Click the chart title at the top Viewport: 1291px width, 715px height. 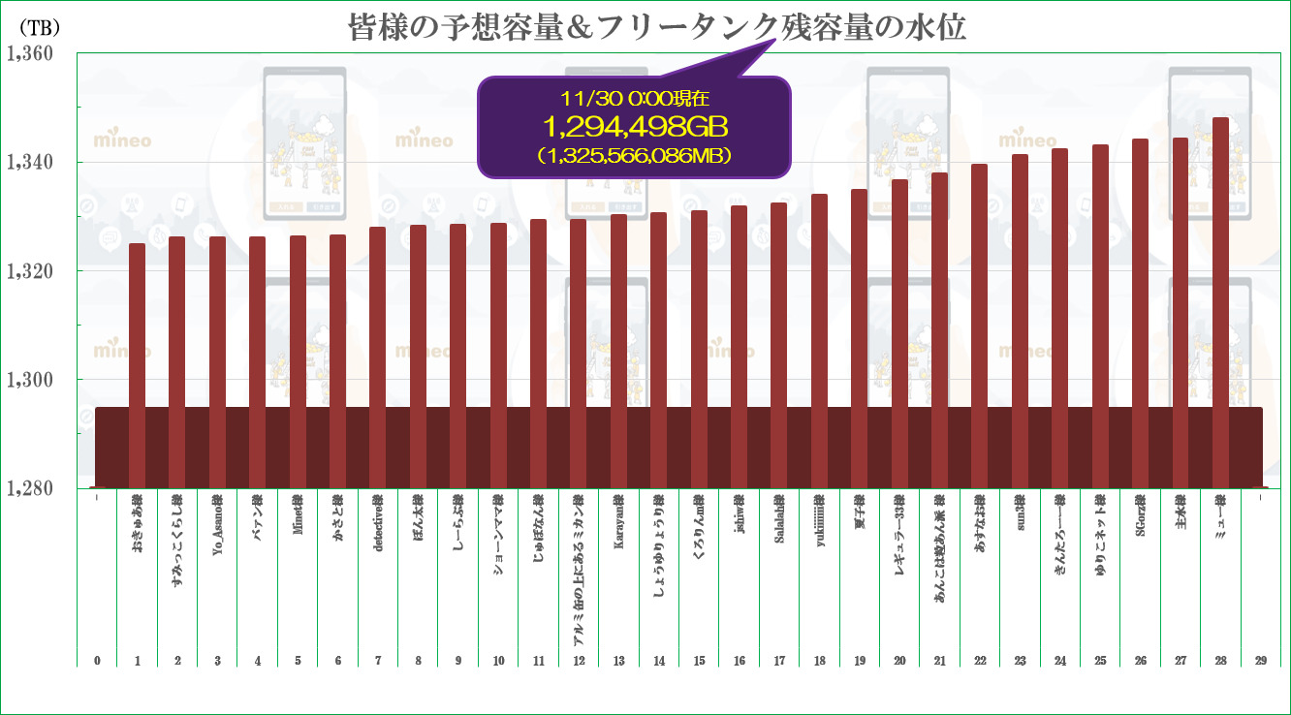657,27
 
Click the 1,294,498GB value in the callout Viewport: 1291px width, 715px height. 635,126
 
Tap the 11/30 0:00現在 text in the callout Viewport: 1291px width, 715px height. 635,99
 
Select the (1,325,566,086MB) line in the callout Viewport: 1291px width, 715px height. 635,153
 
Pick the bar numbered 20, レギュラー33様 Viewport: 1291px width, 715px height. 899,329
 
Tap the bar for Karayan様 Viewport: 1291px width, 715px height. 618,349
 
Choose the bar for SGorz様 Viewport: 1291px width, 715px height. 1140,310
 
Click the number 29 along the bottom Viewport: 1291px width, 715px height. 1260,661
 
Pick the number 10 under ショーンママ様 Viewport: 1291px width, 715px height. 498,661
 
